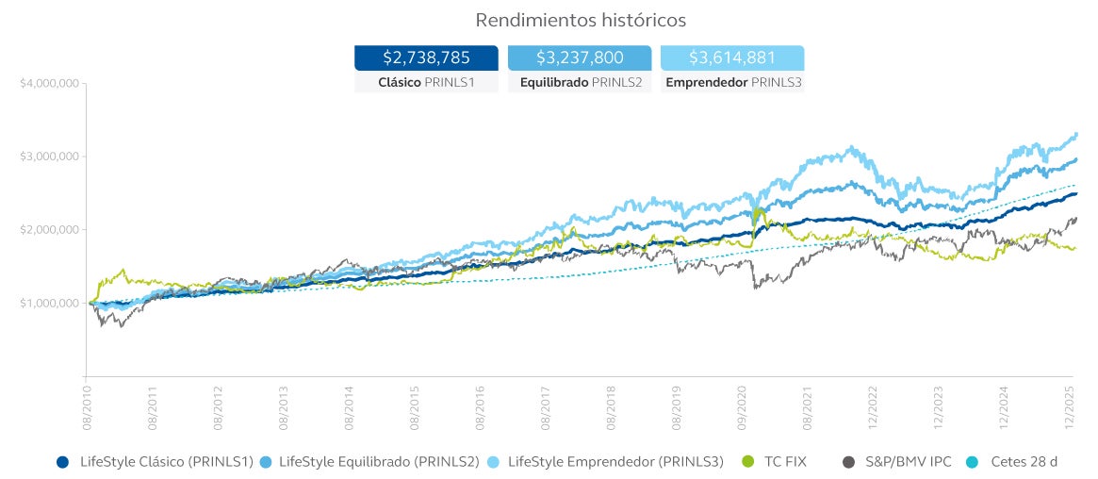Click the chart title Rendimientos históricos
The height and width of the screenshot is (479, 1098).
point(581,20)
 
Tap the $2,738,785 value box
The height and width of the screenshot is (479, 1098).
point(426,58)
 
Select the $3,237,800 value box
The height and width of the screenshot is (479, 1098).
point(579,58)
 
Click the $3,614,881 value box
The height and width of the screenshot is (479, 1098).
point(732,58)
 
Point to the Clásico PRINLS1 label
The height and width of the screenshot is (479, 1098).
point(426,83)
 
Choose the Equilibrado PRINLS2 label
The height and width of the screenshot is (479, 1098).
point(579,83)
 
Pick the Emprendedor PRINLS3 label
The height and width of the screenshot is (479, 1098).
point(732,83)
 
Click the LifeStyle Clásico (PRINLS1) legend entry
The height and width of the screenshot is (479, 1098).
point(155,462)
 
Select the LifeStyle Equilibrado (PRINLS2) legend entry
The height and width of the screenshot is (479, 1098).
point(371,462)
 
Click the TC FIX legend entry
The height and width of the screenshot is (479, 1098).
point(774,462)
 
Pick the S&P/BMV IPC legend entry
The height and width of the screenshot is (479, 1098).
point(896,462)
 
